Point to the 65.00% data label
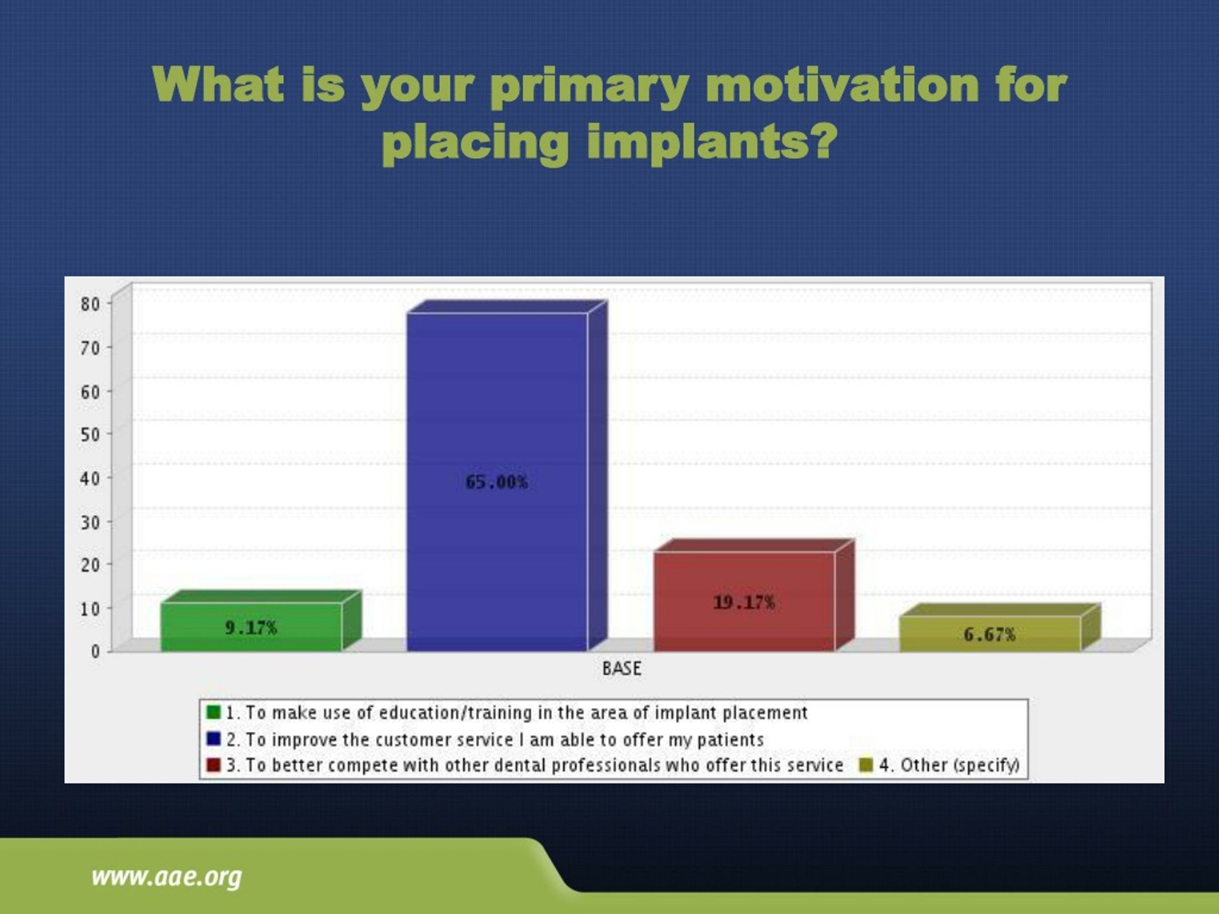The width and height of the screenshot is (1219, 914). click(497, 482)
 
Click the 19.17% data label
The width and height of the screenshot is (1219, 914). click(744, 602)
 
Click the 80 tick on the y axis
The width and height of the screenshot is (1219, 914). click(90, 304)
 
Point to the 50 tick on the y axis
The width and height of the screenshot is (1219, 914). click(90, 434)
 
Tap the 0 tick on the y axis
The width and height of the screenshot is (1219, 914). click(95, 651)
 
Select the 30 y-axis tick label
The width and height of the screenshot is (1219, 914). click(90, 521)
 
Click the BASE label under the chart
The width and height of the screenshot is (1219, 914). click(621, 669)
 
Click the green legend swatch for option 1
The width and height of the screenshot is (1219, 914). click(213, 712)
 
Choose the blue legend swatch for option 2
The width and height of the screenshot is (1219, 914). click(213, 738)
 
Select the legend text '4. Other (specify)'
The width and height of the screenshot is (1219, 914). click(949, 765)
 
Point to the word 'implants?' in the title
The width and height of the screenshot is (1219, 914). click(711, 143)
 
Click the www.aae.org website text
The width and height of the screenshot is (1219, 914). click(167, 876)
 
